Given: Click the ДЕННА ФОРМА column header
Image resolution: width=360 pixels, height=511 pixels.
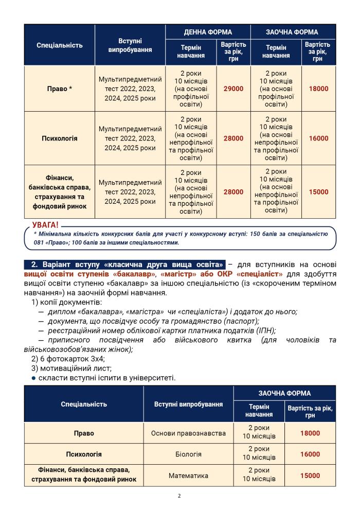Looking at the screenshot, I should pos(208,32).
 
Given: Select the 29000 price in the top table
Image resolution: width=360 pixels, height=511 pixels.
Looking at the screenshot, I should pos(233,89).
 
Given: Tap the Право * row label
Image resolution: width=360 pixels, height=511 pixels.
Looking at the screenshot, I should pos(60,89).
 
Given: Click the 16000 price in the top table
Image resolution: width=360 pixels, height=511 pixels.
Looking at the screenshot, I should pos(318,138).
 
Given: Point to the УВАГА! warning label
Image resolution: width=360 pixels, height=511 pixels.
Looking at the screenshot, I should pos(45,225).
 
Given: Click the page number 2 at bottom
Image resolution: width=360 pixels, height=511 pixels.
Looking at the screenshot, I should pos(179,496).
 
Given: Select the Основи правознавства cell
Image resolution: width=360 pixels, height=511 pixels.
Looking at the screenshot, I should pos(188,433).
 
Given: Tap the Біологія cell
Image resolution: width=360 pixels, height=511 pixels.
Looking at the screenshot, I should pos(188,454).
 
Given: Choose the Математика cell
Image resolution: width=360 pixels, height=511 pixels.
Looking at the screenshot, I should pos(188,476).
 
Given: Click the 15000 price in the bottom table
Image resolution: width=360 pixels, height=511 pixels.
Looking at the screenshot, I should pos(310,476).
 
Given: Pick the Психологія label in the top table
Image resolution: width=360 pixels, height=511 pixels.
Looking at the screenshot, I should pos(60,138).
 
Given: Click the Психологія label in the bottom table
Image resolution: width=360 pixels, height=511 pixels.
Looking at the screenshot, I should pos(84,454).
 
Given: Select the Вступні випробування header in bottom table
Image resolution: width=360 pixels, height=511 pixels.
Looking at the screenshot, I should pos(188,404).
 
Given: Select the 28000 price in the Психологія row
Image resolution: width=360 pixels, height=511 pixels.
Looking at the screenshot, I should pos(233,138).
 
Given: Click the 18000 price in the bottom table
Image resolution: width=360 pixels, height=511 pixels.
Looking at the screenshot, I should pos(310,433).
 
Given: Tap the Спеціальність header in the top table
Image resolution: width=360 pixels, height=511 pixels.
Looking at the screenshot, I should pos(60,45).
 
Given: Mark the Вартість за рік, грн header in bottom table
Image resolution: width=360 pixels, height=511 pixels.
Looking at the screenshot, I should pos(310,412).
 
